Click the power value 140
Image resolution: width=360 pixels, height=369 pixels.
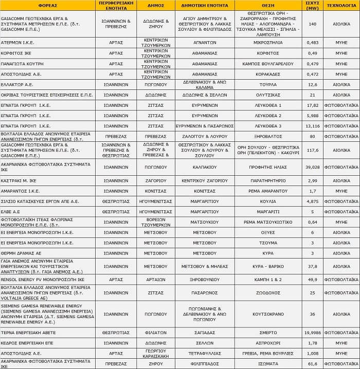point(312,24)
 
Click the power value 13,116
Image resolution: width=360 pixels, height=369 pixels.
point(312,125)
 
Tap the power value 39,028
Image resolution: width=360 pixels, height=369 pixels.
point(312,167)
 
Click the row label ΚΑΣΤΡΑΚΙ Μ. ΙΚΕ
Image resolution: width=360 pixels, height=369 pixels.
point(19,180)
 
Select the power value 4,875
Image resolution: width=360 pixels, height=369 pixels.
point(312,201)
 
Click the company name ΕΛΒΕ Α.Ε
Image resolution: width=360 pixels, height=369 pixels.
point(11,211)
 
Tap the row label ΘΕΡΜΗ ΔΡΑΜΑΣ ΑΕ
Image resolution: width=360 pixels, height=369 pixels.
point(21,253)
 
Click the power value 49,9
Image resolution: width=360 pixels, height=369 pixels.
point(312,279)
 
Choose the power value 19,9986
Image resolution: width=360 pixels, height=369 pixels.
point(312,333)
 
